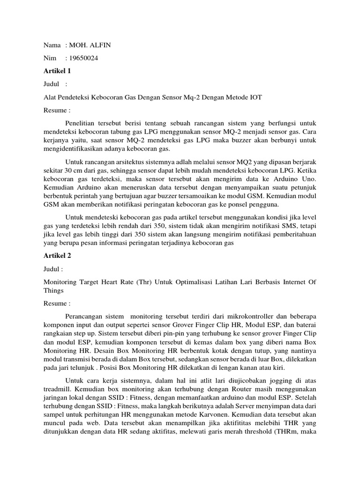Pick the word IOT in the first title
tap(254, 97)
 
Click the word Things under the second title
tap(54, 291)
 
